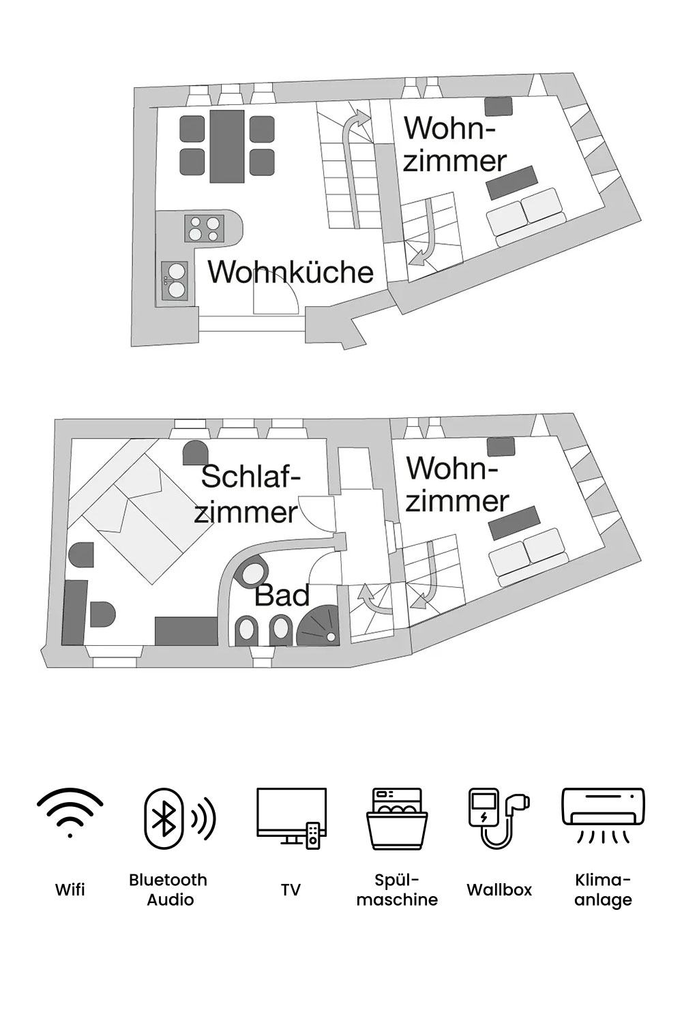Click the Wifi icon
(70, 812)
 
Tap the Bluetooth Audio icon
(179, 818)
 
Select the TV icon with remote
(291, 818)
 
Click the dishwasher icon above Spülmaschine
(397, 818)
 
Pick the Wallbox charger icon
(499, 818)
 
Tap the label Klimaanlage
(603, 889)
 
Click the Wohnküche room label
(291, 271)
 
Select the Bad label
(282, 595)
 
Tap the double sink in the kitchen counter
(175, 280)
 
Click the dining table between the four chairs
(227, 146)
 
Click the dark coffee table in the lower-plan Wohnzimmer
(515, 523)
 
